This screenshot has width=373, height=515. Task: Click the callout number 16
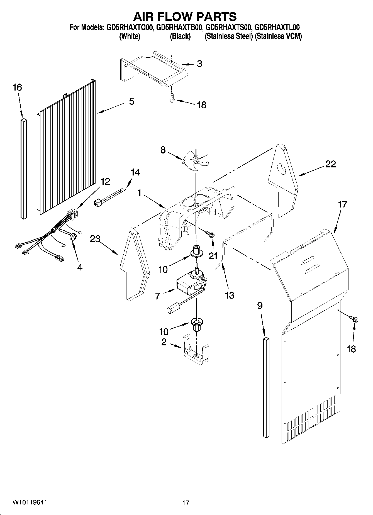click(x=17, y=87)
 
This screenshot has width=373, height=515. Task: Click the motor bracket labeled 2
click(x=196, y=352)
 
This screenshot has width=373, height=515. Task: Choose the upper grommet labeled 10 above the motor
click(x=197, y=252)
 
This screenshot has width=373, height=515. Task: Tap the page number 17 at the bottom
click(x=186, y=503)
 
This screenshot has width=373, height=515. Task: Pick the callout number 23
click(x=95, y=239)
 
